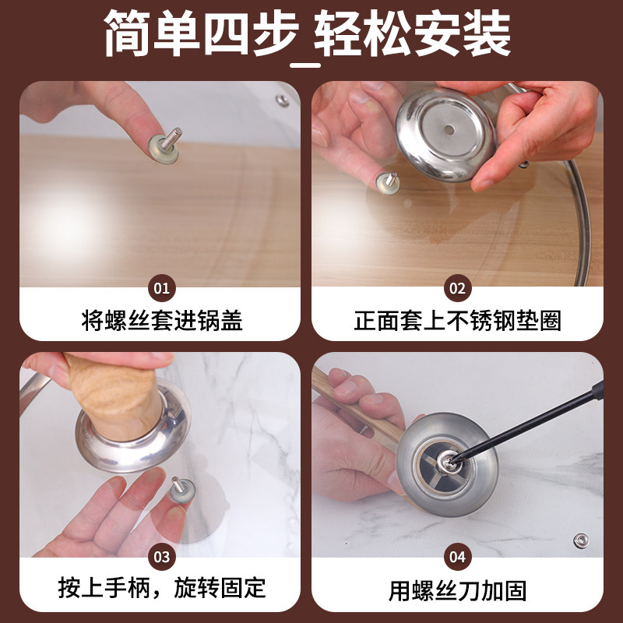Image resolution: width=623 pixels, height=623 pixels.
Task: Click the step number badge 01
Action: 162,288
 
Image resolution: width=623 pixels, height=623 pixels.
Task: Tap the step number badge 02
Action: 457,288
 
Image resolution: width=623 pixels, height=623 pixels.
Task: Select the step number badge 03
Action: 162,556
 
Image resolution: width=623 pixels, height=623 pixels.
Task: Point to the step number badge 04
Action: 457,556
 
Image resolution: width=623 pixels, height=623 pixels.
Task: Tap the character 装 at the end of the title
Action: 487,33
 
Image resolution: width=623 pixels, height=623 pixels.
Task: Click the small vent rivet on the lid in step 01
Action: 282,100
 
